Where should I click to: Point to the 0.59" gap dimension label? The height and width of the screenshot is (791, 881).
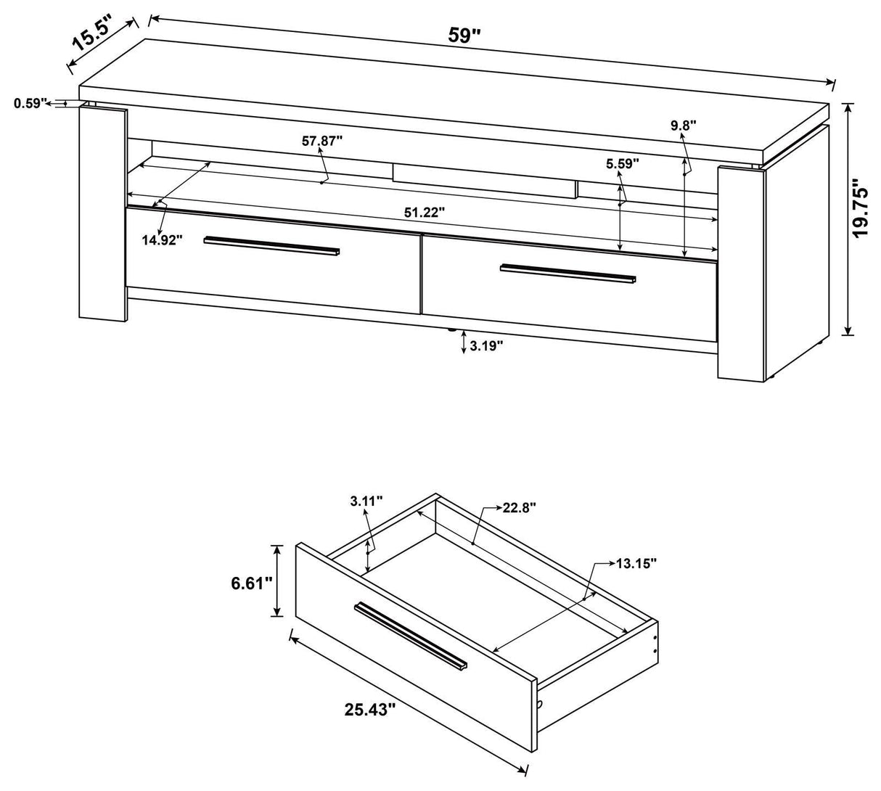(x=30, y=104)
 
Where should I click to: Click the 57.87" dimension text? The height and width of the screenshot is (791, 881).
(x=322, y=142)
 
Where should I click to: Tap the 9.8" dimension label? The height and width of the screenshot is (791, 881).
(x=683, y=126)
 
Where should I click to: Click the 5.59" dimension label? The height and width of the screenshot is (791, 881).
(x=623, y=164)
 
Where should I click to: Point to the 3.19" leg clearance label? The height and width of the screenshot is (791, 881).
(x=486, y=346)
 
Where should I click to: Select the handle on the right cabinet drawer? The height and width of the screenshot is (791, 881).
(x=567, y=273)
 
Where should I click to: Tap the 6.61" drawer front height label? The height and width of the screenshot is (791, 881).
(x=248, y=581)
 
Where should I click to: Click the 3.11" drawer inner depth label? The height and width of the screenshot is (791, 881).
(x=366, y=501)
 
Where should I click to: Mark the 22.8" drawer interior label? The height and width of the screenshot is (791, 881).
(x=519, y=509)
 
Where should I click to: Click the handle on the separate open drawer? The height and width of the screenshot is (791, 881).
(x=410, y=636)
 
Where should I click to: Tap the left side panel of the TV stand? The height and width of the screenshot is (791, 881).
(x=104, y=214)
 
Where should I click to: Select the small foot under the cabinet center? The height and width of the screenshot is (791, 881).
(x=452, y=330)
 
